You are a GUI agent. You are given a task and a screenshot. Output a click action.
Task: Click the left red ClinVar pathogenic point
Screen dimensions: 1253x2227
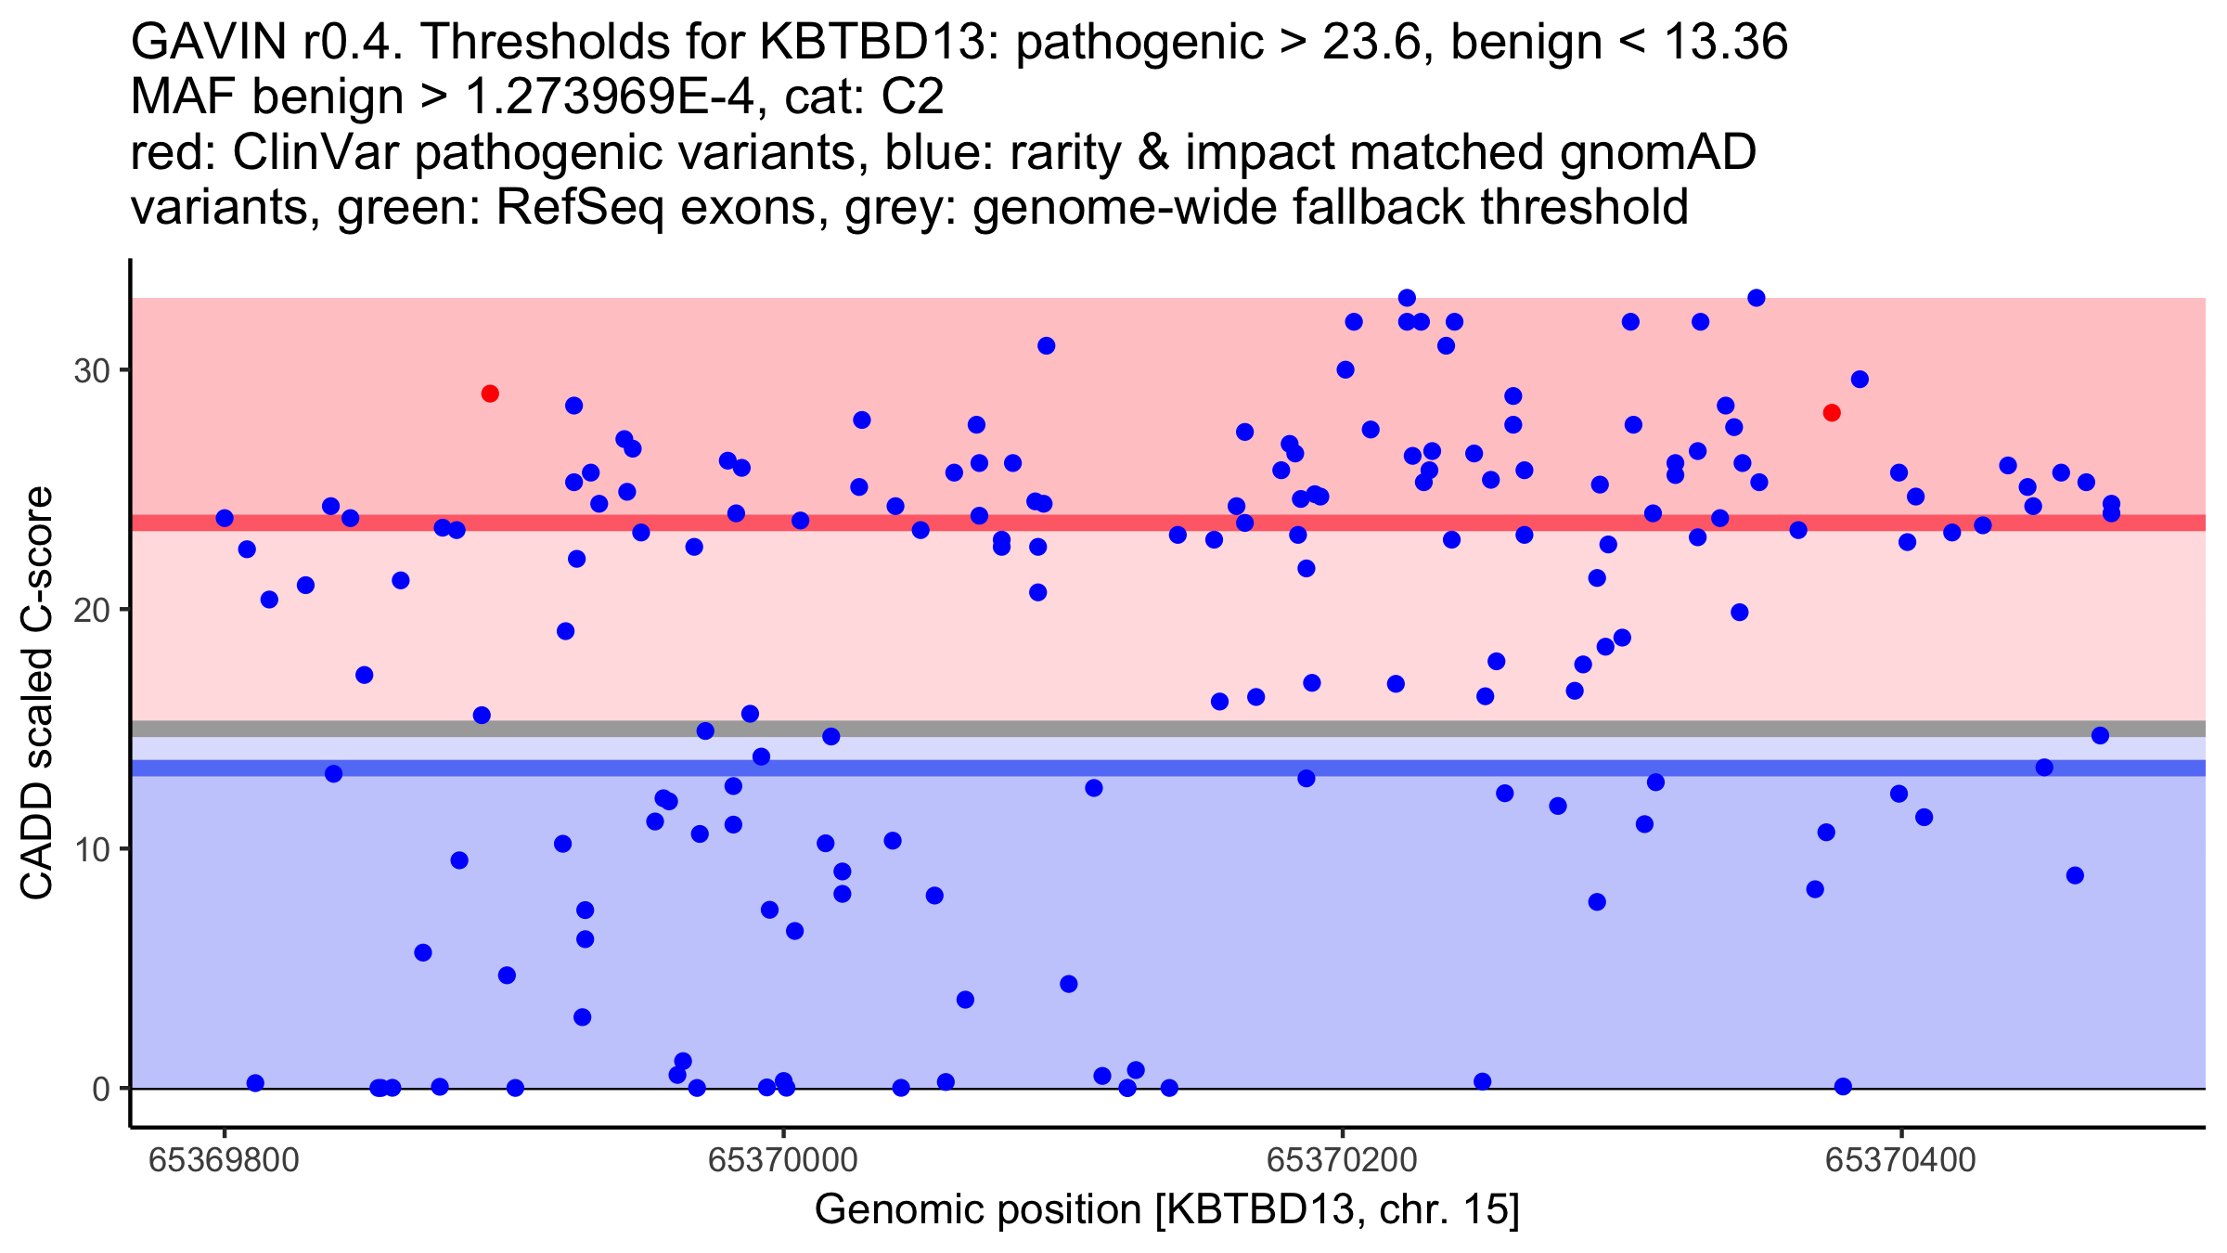(490, 394)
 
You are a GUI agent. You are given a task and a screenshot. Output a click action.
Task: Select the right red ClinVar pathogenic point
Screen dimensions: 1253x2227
(1832, 413)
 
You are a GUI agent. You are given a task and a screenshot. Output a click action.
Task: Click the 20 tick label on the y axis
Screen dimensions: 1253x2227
(92, 610)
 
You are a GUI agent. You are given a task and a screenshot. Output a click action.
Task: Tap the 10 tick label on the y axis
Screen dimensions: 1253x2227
(92, 849)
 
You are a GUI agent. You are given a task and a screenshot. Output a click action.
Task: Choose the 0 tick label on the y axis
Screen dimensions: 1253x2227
(100, 1089)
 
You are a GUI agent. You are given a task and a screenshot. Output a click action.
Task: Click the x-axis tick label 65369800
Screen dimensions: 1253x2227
(224, 1160)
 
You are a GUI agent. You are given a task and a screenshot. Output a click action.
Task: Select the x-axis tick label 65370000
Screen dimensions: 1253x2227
(782, 1160)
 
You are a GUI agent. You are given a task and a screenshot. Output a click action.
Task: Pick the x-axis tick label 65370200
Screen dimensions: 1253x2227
(1342, 1160)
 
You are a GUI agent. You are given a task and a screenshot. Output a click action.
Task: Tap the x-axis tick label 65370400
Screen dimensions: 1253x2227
(1900, 1160)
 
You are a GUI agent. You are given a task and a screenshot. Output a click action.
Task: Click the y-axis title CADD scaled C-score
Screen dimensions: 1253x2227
(37, 693)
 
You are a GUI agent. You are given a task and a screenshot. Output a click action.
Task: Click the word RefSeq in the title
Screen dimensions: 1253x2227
(580, 207)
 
